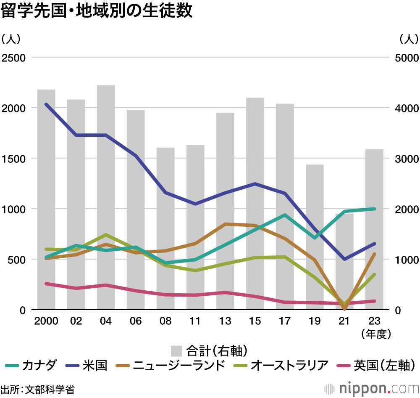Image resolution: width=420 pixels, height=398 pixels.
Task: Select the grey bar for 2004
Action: coord(106,198)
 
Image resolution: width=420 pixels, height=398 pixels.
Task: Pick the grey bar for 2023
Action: coord(374,229)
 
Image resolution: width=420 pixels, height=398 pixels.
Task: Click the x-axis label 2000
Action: coord(46,321)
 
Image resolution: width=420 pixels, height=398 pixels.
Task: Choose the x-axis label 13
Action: coord(225,321)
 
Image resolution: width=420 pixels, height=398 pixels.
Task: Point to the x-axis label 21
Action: coord(344,321)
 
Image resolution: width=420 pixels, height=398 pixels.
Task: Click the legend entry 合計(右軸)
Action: coord(208,350)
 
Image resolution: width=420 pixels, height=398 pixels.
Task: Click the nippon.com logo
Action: coord(372,387)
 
